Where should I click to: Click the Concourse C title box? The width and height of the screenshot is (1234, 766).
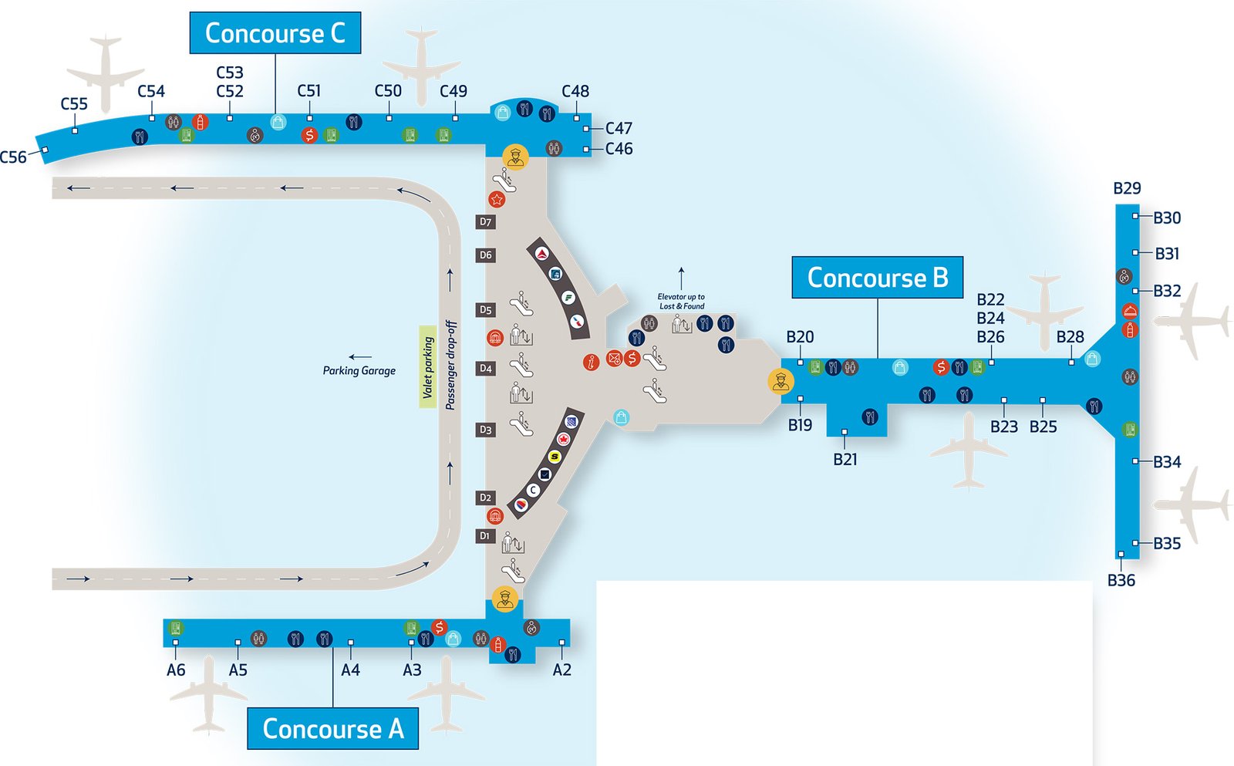tap(275, 33)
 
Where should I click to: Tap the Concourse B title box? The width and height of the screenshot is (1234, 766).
tap(877, 278)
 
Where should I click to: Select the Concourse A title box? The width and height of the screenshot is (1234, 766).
tap(332, 728)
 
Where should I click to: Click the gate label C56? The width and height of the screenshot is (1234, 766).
tap(13, 157)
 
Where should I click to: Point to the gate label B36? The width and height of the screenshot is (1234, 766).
tap(1121, 581)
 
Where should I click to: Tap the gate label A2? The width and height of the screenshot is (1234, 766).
tap(561, 670)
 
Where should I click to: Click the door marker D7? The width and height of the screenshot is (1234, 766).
tap(485, 222)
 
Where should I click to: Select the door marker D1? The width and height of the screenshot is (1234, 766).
tap(485, 536)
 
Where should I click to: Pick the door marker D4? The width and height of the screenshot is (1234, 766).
tap(485, 369)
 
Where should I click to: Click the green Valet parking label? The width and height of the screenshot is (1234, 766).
tap(427, 367)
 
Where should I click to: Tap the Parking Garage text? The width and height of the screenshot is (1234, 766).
tap(359, 371)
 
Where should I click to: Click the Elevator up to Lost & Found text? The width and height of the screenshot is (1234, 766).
tap(681, 302)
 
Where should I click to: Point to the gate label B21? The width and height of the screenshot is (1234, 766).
tap(845, 460)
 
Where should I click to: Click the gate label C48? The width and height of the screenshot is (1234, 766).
tap(575, 92)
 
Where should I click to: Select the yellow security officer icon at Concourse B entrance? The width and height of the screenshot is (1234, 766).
tap(781, 381)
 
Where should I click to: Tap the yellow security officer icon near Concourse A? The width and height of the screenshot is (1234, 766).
tap(505, 599)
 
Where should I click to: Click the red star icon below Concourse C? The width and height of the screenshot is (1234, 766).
tap(497, 200)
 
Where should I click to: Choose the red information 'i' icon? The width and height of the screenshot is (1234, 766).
tap(591, 363)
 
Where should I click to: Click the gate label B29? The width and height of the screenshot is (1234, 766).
tap(1127, 189)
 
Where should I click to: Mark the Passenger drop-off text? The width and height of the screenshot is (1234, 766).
tap(451, 365)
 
